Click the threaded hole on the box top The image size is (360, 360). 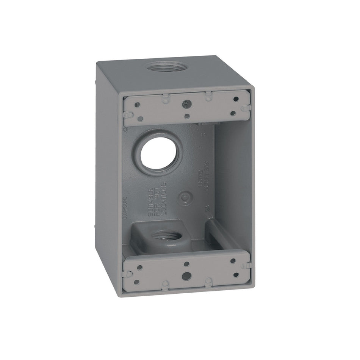click(x=162, y=69)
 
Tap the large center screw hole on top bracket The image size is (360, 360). click(x=186, y=103)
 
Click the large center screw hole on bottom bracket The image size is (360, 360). click(x=186, y=275)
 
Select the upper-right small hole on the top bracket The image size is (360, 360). click(x=236, y=99)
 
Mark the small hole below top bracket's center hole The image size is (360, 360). click(x=186, y=116)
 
